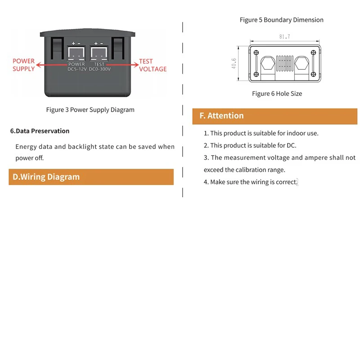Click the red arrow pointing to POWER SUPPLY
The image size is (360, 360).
click(x=52, y=65)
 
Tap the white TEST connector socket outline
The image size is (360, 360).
click(x=99, y=54)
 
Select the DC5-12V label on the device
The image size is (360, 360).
click(x=76, y=69)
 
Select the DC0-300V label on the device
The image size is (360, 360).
click(x=99, y=69)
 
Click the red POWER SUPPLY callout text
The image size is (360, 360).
click(x=23, y=65)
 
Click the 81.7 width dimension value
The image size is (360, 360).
click(x=284, y=37)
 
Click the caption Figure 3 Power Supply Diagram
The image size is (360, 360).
click(x=90, y=109)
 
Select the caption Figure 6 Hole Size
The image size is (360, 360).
click(x=277, y=94)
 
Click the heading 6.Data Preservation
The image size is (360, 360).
click(x=40, y=131)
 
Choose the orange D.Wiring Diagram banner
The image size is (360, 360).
click(x=91, y=177)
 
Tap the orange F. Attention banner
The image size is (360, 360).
click(x=274, y=116)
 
